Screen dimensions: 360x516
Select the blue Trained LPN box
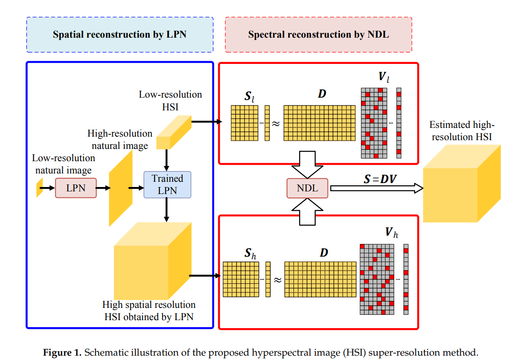167,184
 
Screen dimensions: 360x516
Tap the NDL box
307,188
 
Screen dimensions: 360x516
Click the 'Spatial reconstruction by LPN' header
120,35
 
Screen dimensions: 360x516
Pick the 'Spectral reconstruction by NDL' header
318,35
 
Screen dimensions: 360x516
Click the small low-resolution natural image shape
39,187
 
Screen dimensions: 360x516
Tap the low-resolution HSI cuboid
174,132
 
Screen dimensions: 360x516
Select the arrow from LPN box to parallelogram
102,188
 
